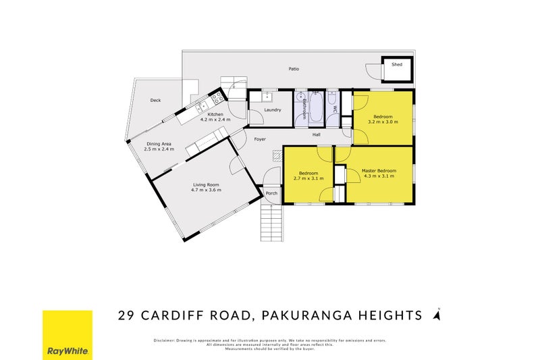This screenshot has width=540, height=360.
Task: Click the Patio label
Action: click(x=294, y=69)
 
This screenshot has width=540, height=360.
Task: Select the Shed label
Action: click(x=397, y=65)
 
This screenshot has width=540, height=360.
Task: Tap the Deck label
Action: click(x=155, y=101)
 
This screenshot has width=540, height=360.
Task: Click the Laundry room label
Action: click(x=272, y=109)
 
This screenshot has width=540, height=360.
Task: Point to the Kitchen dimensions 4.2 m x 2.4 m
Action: click(x=215, y=120)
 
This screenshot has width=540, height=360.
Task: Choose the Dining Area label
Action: click(x=159, y=143)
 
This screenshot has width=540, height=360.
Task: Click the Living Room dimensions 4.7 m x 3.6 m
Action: click(x=206, y=190)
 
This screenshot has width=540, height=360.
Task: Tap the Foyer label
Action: click(x=260, y=139)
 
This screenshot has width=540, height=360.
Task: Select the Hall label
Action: click(x=316, y=135)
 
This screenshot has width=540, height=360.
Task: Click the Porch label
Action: click(x=271, y=192)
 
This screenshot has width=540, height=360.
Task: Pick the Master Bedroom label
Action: click(x=378, y=171)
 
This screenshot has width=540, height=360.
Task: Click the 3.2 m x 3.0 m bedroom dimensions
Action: click(x=383, y=122)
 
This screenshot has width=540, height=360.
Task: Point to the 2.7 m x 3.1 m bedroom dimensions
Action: click(x=311, y=178)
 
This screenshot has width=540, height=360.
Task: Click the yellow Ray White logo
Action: click(x=67, y=335)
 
